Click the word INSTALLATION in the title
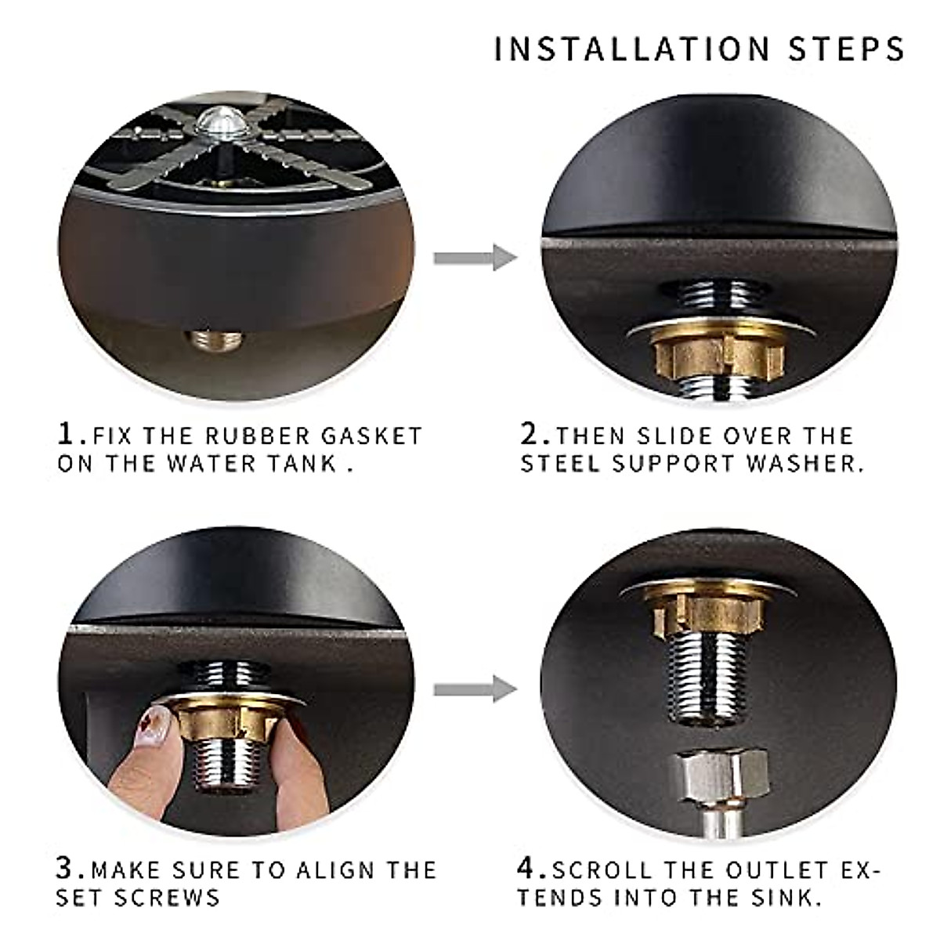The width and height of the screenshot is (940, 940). pyautogui.click(x=632, y=49)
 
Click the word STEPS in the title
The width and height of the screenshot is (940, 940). pyautogui.click(x=846, y=49)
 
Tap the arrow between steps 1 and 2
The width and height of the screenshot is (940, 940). pyautogui.click(x=475, y=257)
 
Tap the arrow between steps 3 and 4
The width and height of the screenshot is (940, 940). pyautogui.click(x=475, y=689)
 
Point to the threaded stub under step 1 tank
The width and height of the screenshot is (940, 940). pyautogui.click(x=215, y=342)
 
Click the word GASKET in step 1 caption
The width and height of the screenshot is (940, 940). pyautogui.click(x=371, y=436)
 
